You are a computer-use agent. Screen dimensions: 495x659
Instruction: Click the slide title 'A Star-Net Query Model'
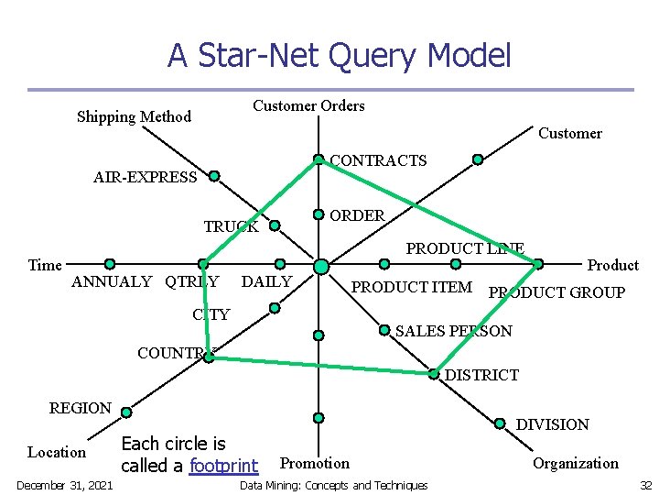coord(339,57)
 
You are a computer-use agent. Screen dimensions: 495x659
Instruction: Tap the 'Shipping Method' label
coord(134,116)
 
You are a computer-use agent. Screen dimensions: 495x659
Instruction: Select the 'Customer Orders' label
coord(308,105)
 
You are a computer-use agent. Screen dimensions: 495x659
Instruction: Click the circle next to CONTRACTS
coord(319,159)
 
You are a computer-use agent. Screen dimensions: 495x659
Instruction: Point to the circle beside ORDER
coord(319,214)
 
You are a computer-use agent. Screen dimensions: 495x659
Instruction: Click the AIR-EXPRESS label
coord(145,178)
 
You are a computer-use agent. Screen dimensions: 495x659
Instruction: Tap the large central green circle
coord(320,266)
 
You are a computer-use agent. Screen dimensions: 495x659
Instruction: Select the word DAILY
coord(266,281)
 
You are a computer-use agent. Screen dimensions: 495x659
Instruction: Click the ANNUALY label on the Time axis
coord(112,281)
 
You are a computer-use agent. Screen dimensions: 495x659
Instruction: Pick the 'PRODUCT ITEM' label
coord(412,288)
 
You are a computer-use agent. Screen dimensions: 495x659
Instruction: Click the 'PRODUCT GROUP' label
coord(556,293)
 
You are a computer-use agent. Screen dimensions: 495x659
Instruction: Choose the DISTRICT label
coord(481,375)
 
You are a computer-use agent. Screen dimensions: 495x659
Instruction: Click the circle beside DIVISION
coord(500,423)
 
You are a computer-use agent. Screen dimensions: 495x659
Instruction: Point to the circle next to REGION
coord(126,412)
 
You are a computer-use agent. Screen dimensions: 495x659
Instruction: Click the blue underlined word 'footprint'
coord(223,466)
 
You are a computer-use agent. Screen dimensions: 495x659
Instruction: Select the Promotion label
coord(314,463)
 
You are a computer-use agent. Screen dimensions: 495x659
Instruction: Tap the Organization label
coord(576,463)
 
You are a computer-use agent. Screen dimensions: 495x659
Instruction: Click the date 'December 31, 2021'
coord(64,485)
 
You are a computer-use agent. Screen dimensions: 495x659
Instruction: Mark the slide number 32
coord(644,485)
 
